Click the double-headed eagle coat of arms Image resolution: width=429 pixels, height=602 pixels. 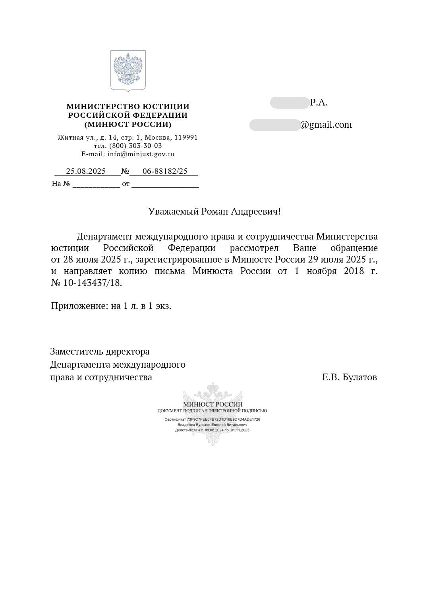click(128, 71)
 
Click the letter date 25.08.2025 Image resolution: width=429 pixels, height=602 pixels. click(86, 171)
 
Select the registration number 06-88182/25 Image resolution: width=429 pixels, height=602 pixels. click(165, 171)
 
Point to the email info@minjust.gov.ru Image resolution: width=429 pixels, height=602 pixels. click(141, 154)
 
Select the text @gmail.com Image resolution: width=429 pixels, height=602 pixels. click(326, 125)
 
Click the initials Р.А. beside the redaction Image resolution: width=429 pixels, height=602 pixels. click(319, 103)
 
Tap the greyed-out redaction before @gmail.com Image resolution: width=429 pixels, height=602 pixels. click(274, 125)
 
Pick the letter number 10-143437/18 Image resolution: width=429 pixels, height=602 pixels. click(92, 283)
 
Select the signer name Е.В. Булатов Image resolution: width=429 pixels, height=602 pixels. click(349, 377)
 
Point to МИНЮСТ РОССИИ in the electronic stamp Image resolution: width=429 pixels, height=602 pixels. click(213, 404)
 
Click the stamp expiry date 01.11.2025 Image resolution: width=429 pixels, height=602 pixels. click(240, 430)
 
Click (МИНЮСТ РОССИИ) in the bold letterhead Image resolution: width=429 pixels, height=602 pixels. click(128, 125)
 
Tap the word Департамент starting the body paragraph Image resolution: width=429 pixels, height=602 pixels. click(105, 237)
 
